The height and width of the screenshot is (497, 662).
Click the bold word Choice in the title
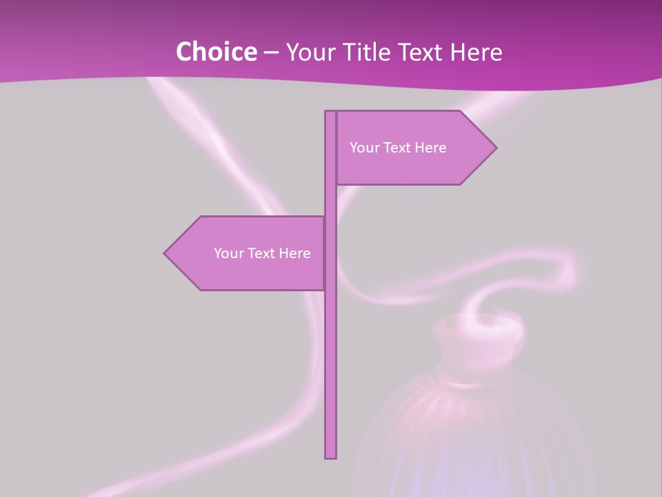click(x=216, y=52)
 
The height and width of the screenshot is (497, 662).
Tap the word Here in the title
click(x=476, y=52)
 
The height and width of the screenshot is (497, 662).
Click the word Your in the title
click(x=310, y=52)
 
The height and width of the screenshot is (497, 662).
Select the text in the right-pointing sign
click(x=398, y=148)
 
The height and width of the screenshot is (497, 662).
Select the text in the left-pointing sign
click(x=262, y=253)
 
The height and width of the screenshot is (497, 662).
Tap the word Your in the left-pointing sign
click(x=229, y=253)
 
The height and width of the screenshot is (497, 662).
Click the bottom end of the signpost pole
click(x=331, y=456)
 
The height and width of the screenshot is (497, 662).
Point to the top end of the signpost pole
click(x=331, y=113)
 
